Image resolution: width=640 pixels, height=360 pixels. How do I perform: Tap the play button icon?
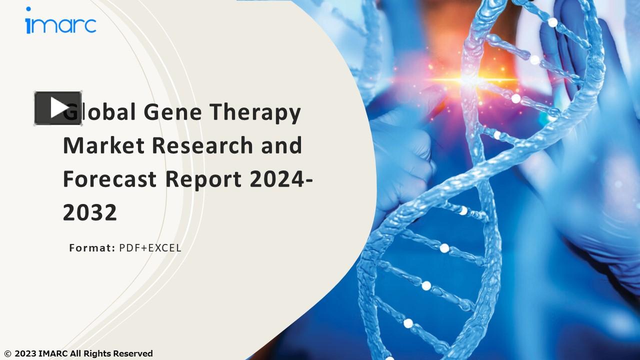(58, 108)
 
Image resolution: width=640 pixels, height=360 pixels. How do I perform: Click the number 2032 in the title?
(90, 212)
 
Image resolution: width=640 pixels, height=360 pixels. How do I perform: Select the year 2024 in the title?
(278, 179)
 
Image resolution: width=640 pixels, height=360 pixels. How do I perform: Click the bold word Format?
(92, 247)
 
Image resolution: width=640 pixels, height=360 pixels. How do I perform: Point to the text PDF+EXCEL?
(150, 247)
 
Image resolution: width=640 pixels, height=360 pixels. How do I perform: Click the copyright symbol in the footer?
(7, 354)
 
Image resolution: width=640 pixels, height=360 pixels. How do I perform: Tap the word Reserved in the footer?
(133, 354)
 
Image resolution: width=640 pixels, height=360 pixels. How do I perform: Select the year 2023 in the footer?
(25, 354)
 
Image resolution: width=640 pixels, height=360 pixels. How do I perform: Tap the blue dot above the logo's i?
(28, 9)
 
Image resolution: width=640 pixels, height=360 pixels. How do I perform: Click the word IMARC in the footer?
(53, 354)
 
